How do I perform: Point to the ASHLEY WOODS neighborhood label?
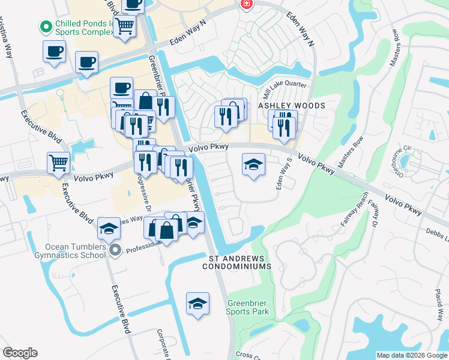(292, 106)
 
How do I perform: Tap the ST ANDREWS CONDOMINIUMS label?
(240, 262)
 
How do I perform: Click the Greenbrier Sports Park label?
(247, 307)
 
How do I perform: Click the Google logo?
(20, 353)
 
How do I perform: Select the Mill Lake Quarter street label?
(285, 88)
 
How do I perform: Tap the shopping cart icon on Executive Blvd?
(59, 162)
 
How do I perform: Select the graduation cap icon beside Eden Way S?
(254, 164)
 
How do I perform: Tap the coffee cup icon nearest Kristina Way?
(55, 51)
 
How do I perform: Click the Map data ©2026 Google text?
(411, 355)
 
